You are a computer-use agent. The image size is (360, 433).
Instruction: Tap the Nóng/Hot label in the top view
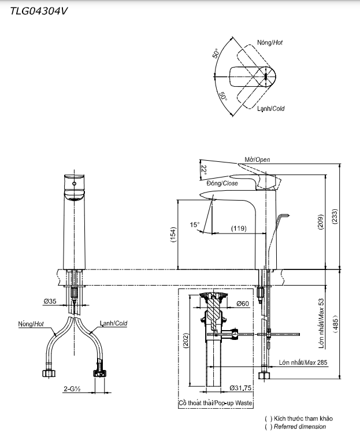(x=270, y=43)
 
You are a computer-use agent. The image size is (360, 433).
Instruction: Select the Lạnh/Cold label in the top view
(x=270, y=109)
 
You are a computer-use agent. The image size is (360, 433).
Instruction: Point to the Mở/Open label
(x=257, y=160)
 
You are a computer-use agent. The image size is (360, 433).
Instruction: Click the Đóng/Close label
(x=222, y=183)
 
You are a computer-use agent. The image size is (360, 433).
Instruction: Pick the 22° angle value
(x=203, y=169)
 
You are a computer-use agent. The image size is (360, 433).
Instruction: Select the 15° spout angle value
(x=195, y=224)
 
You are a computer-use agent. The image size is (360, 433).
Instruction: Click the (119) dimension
(x=239, y=228)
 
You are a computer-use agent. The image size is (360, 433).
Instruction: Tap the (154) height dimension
(x=173, y=234)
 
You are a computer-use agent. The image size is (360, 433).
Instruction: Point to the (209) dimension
(x=321, y=223)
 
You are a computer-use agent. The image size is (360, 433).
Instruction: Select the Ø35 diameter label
(x=50, y=301)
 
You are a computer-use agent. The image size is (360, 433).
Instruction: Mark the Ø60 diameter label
(x=242, y=304)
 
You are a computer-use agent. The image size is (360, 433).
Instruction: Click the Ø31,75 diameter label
(x=239, y=388)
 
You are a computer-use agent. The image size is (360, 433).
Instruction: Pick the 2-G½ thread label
(x=72, y=389)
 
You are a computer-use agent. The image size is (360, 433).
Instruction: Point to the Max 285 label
(x=303, y=362)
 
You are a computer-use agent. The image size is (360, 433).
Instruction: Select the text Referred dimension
(x=299, y=427)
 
